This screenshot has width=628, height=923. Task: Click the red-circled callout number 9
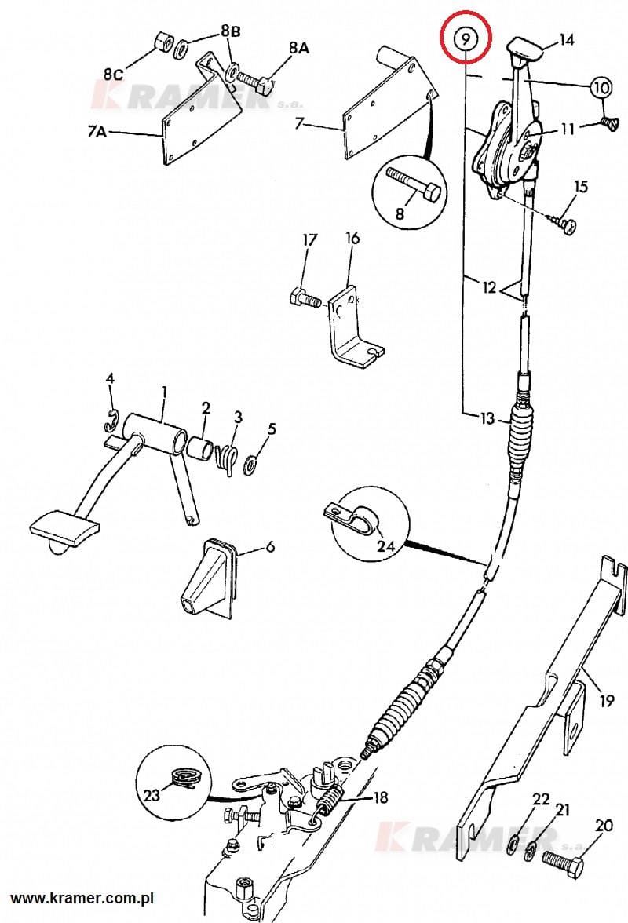466,39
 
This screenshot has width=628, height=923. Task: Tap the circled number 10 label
601,88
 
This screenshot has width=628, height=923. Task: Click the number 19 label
607,700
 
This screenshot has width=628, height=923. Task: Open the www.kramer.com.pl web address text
82,898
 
